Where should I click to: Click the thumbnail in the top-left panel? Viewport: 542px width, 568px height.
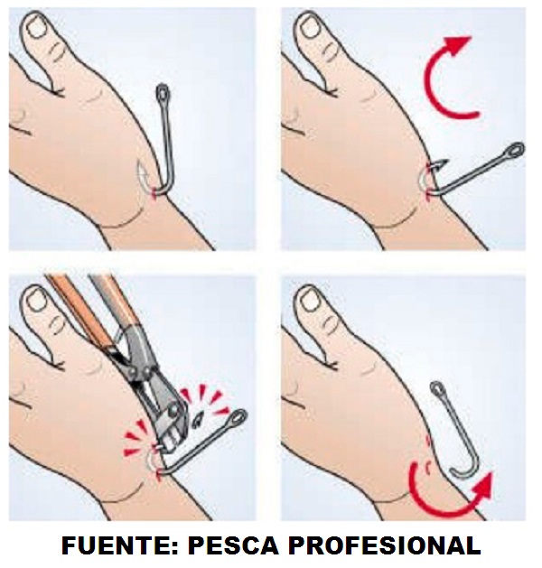click(37, 28)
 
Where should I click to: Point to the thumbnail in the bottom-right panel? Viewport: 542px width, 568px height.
click(309, 300)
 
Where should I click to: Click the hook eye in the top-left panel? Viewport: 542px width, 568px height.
click(163, 92)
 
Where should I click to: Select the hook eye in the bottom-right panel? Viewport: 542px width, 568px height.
click(438, 389)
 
